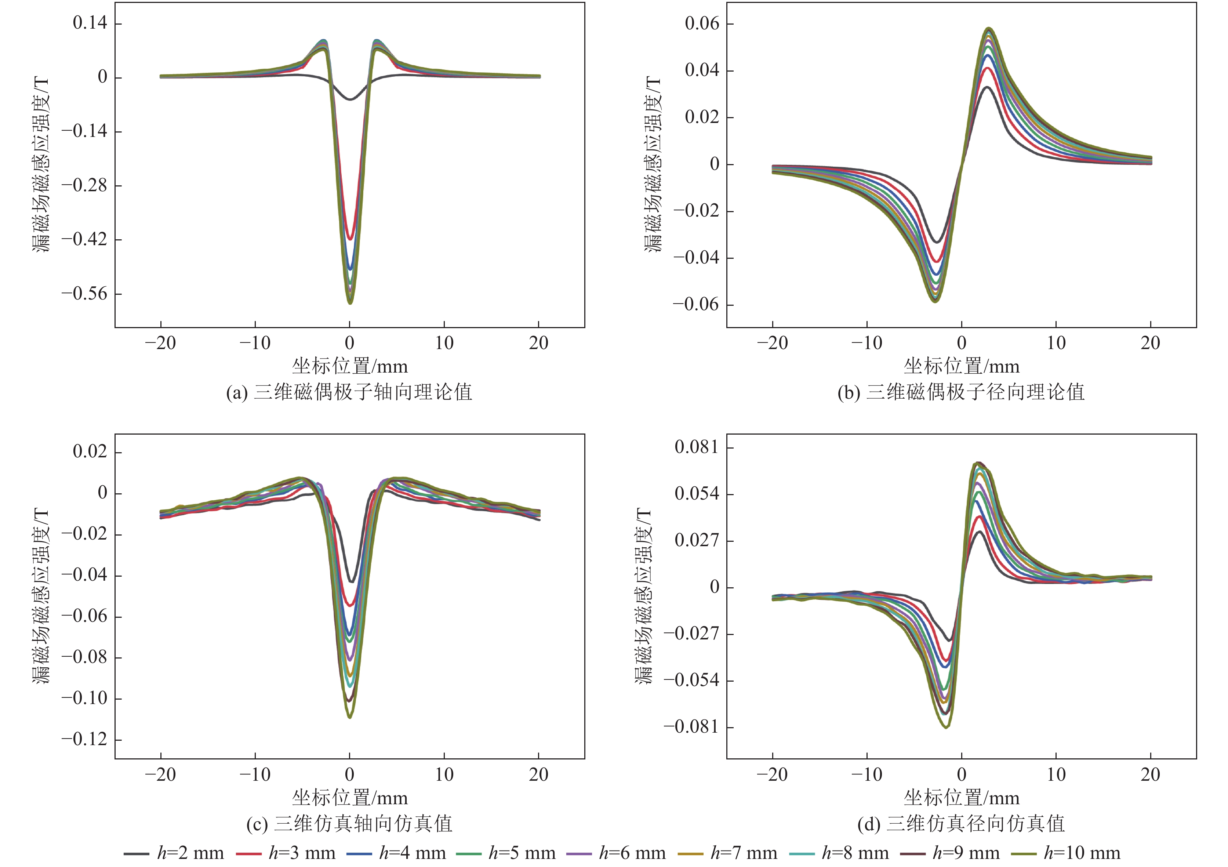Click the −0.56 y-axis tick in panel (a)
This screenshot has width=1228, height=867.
pos(84,294)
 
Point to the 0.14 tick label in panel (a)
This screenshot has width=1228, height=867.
pos(90,23)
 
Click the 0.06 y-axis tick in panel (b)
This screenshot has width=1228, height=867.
pos(702,23)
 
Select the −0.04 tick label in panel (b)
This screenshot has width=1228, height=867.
pos(696,258)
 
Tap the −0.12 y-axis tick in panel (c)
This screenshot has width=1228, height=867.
pos(84,740)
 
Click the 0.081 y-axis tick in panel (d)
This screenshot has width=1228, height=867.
pos(696,447)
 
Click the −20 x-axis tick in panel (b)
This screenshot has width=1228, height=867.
pos(772,343)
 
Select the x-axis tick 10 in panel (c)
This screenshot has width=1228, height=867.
pos(444,775)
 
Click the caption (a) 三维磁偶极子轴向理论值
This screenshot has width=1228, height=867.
pos(349,392)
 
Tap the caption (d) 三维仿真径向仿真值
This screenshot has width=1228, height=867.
pos(961,824)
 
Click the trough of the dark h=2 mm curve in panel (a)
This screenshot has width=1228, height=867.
pos(350,99)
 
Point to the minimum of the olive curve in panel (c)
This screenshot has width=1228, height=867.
pos(350,717)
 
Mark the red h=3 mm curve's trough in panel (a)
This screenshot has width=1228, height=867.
pos(350,239)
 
